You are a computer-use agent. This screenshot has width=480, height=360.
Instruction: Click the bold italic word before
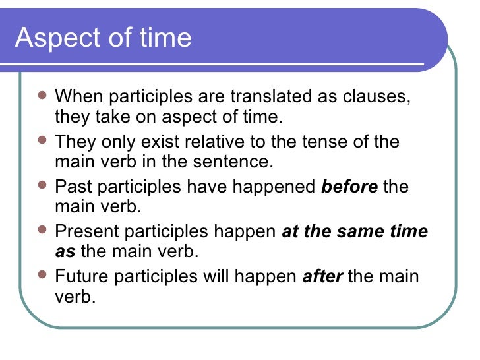pyautogui.click(x=349, y=187)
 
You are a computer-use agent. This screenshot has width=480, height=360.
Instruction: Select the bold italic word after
pyautogui.click(x=322, y=276)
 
